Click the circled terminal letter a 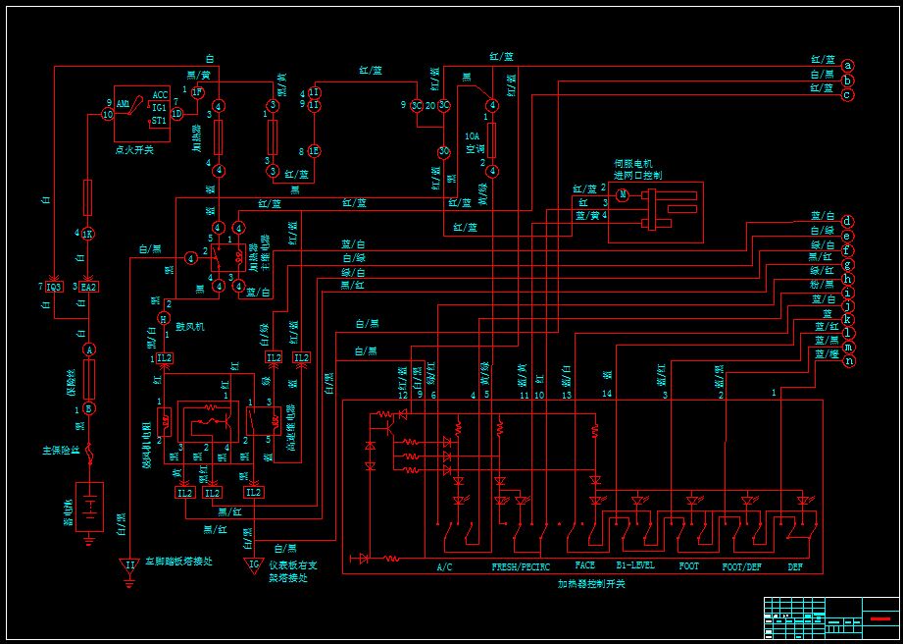(847, 65)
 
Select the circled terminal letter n (849, 361)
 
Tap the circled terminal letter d (847, 222)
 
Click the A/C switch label (445, 566)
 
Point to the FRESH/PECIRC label (521, 566)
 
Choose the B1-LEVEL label (634, 566)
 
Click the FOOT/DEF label (741, 566)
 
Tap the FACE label (584, 566)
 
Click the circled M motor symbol (622, 195)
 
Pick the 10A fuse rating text (472, 136)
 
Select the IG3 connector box (54, 287)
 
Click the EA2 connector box (88, 287)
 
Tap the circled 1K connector (87, 234)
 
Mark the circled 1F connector (196, 92)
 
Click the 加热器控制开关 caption (591, 584)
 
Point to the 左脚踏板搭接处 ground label (178, 562)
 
